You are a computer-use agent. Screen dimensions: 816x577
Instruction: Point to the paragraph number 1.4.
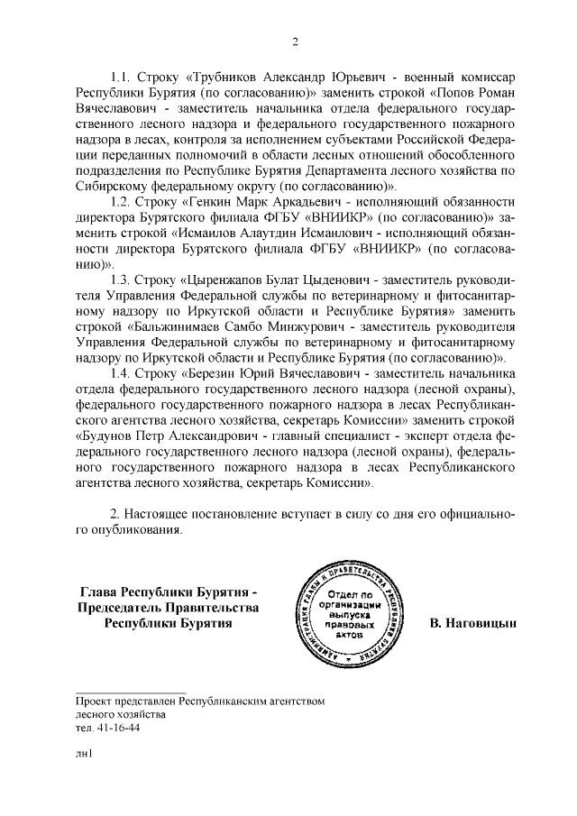[120, 372]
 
